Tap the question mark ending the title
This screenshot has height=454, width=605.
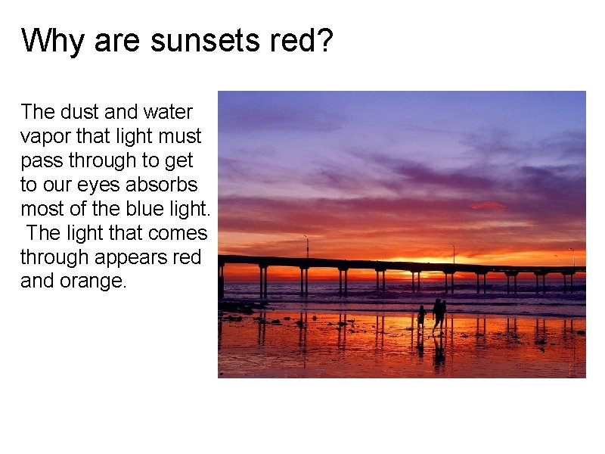[x=324, y=41]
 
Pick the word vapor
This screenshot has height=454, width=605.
[x=45, y=136]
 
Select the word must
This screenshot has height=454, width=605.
[x=181, y=136]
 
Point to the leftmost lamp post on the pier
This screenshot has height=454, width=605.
[x=306, y=246]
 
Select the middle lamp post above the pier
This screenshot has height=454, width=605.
[x=453, y=253]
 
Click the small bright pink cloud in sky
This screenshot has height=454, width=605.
[x=489, y=205]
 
